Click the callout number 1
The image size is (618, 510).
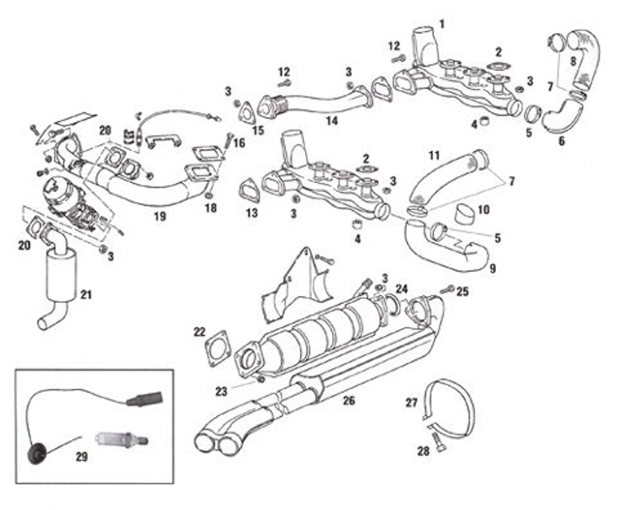(442, 23)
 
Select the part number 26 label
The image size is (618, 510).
(349, 401)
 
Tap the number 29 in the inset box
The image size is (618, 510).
(81, 456)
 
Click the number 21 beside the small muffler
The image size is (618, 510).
(87, 293)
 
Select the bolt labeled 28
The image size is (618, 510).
(434, 444)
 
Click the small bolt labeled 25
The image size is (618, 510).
(448, 290)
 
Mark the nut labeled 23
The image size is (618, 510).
(260, 379)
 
